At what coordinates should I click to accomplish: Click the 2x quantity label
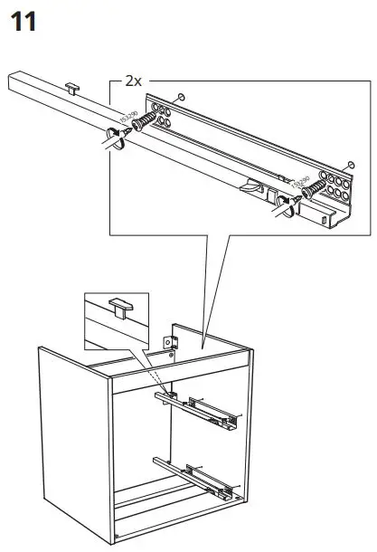(x=133, y=81)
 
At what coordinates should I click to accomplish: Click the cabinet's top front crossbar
(x=181, y=362)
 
